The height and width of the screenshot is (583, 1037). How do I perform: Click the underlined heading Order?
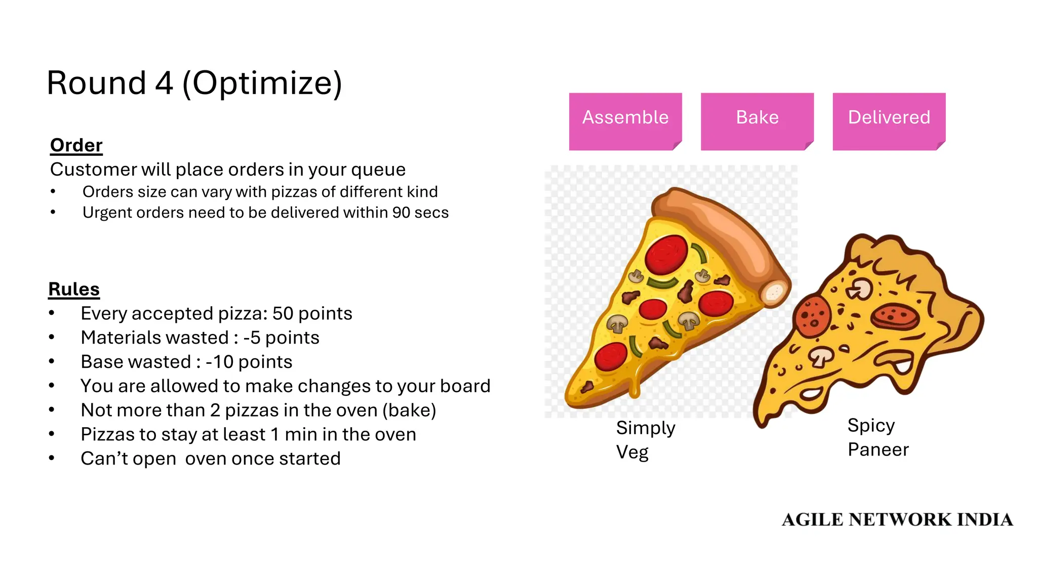(76, 145)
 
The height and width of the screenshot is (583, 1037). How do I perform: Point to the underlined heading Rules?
(74, 289)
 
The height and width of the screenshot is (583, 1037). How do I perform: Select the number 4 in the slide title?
(164, 83)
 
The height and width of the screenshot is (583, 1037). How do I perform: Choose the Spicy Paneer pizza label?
(878, 437)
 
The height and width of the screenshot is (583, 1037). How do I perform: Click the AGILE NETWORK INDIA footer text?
(897, 520)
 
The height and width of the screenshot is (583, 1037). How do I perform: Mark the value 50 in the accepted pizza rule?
(283, 314)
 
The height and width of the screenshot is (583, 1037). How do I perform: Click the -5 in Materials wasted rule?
(252, 338)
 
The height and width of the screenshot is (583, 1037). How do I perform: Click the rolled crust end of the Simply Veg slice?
(774, 292)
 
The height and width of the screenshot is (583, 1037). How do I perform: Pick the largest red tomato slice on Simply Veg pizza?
(666, 254)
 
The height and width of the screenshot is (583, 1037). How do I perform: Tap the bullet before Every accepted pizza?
(52, 314)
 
